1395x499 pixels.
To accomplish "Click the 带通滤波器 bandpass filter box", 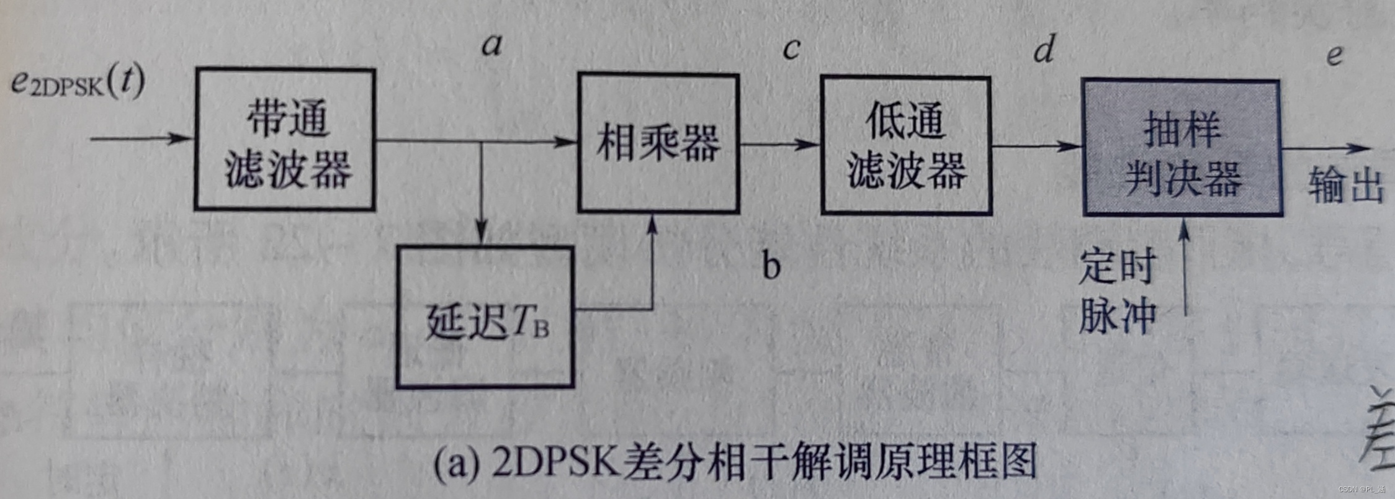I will [x=285, y=140].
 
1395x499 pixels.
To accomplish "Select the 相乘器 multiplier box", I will [x=658, y=143].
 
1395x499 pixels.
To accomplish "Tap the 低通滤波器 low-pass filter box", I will [x=906, y=146].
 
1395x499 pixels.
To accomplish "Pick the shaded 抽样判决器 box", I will [x=1182, y=148].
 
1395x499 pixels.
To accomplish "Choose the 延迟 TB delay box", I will [x=485, y=317].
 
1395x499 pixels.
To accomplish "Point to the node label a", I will [x=492, y=45].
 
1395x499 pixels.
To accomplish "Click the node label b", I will [x=771, y=266].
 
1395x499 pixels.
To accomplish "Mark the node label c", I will [x=791, y=49].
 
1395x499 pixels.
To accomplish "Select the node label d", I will [x=1044, y=49].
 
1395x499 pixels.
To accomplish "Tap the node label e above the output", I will [x=1335, y=55].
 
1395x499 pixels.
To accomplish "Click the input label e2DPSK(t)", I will [x=78, y=82].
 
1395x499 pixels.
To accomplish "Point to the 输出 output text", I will [x=1346, y=185].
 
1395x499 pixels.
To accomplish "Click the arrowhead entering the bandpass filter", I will [x=184, y=138].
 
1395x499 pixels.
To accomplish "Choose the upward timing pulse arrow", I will [x=1185, y=267].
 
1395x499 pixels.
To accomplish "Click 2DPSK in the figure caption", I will [x=554, y=462].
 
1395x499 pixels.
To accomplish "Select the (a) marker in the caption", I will [x=457, y=464].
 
